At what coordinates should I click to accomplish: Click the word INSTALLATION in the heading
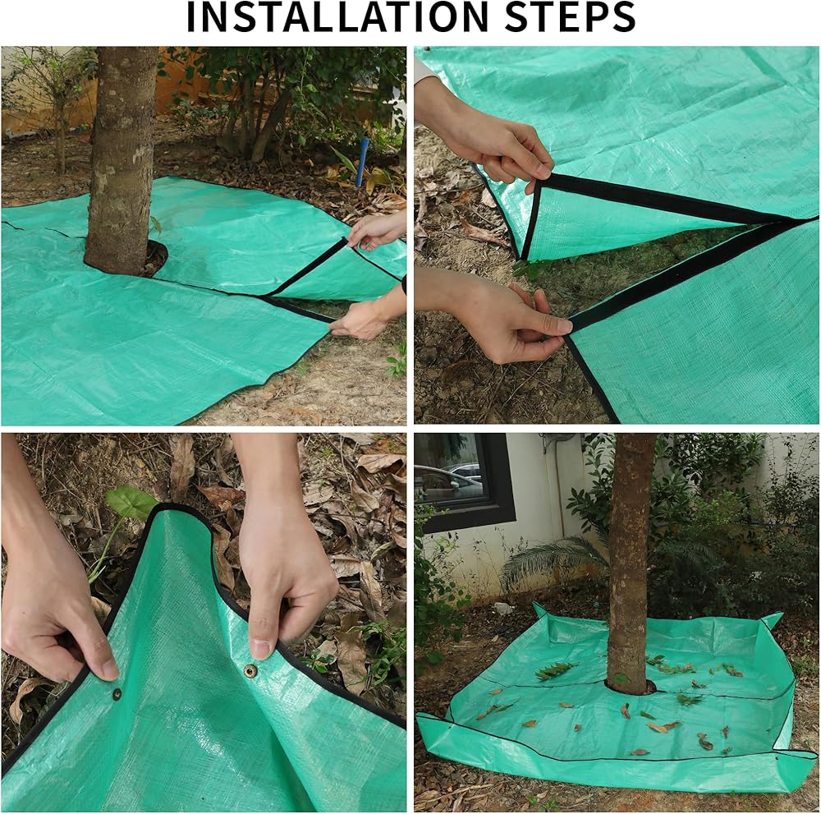(x=337, y=16)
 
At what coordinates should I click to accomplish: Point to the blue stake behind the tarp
(x=362, y=163)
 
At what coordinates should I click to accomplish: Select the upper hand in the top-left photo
(x=376, y=231)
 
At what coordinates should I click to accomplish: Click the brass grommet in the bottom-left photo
(x=250, y=670)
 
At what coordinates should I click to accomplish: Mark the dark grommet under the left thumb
(x=117, y=695)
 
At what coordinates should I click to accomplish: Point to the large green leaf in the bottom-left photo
(x=131, y=502)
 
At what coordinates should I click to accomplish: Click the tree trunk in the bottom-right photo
(x=632, y=560)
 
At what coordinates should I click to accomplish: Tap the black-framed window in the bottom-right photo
(x=466, y=480)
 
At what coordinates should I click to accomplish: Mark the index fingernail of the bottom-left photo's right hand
(x=261, y=649)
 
